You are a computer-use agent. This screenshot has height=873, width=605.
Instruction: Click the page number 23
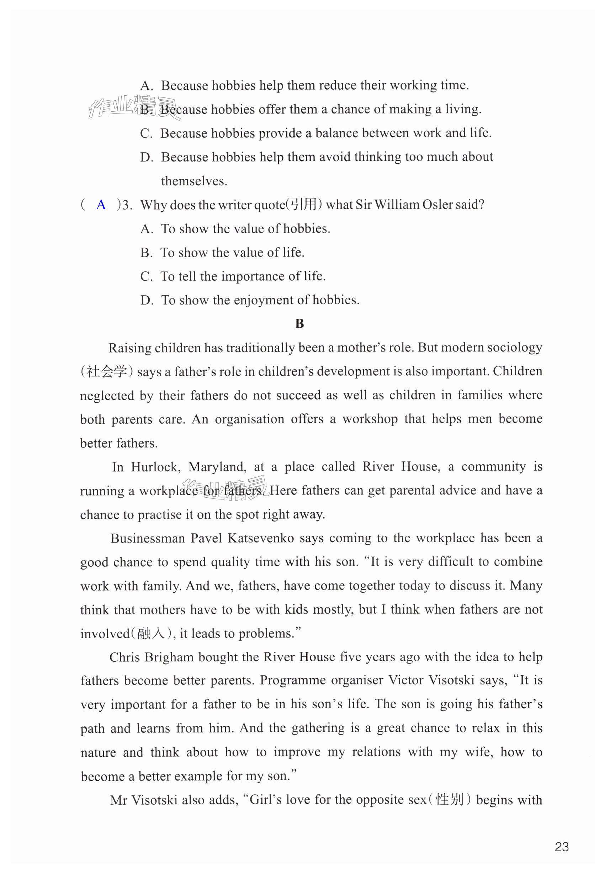561,846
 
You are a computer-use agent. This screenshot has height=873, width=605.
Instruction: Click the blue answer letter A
101,205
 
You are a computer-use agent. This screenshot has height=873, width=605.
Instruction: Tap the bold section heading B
299,324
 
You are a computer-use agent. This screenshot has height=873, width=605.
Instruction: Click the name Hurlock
155,467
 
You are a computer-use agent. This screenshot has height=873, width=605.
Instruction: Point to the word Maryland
217,467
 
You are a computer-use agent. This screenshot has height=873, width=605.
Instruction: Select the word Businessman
148,538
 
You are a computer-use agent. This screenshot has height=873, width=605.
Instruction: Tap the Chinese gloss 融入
151,634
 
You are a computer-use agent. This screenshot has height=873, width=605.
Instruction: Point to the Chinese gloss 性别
450,800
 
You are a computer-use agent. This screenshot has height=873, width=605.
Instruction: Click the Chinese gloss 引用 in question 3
303,205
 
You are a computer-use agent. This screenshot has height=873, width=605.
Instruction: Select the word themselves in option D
194,181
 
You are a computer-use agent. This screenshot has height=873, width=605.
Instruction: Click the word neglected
107,395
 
